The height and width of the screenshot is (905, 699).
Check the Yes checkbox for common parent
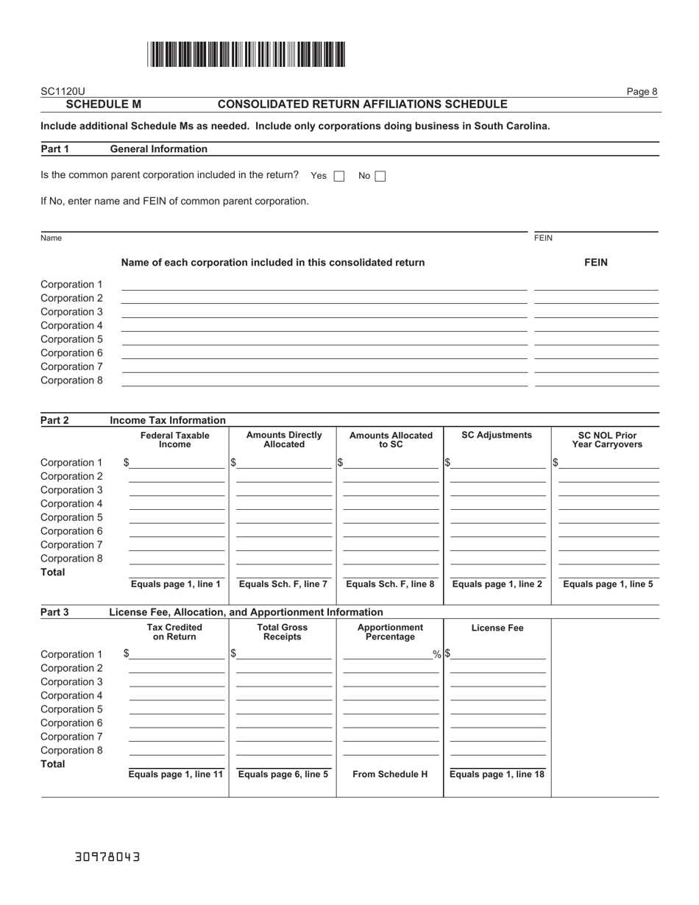339,176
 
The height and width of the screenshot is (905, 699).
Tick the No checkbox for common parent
380,176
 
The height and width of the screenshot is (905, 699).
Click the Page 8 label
642,91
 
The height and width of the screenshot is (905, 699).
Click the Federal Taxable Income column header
175,440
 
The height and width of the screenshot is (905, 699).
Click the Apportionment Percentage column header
390,632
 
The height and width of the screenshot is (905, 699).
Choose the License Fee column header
497,628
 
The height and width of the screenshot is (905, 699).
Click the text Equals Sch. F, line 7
283,584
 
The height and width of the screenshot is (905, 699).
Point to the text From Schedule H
390,774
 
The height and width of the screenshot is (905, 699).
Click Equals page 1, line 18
497,774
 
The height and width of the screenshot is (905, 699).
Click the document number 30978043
107,857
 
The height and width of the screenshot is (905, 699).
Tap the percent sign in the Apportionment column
436,654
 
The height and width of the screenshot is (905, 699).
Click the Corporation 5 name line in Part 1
324,340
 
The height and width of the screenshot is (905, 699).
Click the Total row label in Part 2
53,572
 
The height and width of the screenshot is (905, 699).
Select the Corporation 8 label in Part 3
71,750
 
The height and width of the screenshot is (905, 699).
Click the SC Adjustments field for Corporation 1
498,463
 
